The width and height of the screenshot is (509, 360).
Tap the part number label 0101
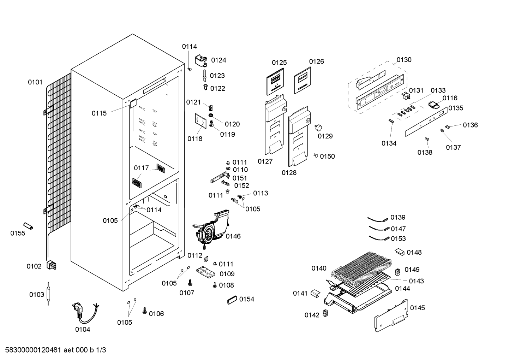[35, 82]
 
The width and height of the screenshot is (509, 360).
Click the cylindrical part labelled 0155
[28, 226]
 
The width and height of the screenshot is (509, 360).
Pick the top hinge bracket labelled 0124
[201, 60]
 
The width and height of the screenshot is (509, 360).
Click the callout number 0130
[404, 60]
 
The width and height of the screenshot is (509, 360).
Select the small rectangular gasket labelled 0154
[232, 300]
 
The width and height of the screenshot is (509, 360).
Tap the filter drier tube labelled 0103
[48, 294]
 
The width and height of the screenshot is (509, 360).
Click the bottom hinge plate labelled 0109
[206, 272]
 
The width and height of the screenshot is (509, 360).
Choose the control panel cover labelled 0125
[275, 81]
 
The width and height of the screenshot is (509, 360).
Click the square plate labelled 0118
[200, 121]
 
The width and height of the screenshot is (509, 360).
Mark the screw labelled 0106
[144, 311]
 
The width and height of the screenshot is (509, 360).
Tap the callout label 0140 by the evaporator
[319, 268]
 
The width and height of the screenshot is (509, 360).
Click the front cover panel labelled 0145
[391, 315]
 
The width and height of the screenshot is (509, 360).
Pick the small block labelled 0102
[51, 265]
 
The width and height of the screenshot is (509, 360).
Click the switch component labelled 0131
[406, 96]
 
